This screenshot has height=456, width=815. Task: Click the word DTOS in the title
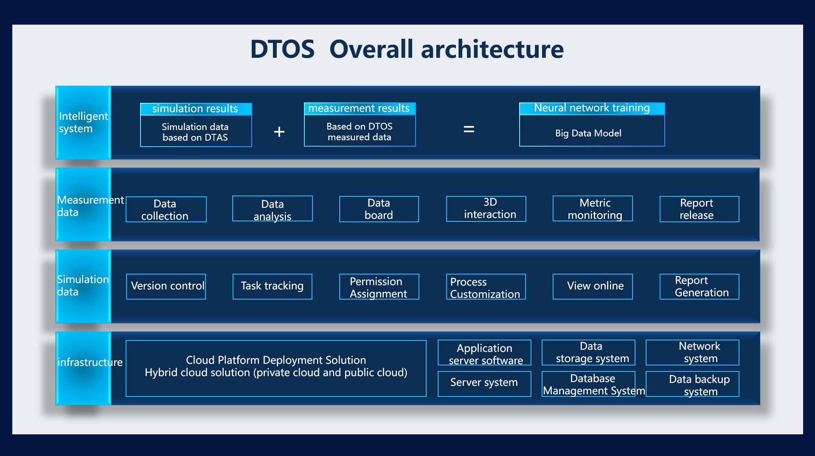point(282,49)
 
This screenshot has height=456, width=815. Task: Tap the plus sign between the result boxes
point(279,132)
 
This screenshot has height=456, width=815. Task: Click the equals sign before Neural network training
point(469,129)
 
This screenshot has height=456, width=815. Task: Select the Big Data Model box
point(592,133)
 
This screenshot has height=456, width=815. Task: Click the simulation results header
point(196,109)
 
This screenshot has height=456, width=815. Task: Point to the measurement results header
point(360,108)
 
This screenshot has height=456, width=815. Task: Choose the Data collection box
point(166,209)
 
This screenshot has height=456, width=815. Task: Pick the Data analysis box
point(272,209)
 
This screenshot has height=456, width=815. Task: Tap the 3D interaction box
point(486,209)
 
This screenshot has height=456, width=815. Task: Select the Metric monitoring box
point(593,209)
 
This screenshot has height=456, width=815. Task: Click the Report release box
point(699,209)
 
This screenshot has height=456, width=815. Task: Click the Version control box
point(166,286)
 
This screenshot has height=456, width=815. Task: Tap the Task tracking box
point(272,286)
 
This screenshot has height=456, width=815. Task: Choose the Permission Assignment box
point(379,287)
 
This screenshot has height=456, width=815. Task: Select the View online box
point(593,286)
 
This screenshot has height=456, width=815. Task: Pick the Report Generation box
point(699,287)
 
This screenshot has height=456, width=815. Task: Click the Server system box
point(484,383)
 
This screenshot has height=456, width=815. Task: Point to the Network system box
point(692,352)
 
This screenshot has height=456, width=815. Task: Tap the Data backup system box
point(692,384)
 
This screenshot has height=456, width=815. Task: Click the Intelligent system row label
point(83,122)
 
